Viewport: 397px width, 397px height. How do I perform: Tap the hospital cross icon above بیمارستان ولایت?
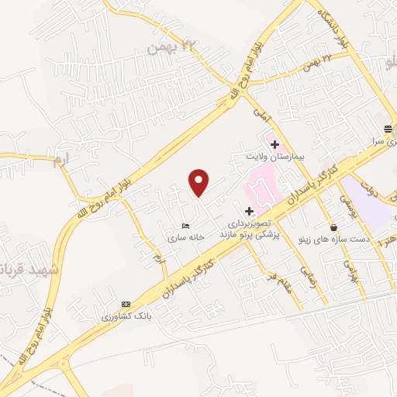pyautogui.click(x=274, y=143)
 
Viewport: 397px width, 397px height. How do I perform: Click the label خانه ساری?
pyautogui.click(x=191, y=239)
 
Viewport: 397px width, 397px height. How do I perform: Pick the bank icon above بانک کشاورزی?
pyautogui.click(x=126, y=304)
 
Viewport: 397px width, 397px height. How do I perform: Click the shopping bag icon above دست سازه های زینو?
pyautogui.click(x=333, y=227)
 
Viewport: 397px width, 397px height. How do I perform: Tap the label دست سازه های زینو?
pyautogui.click(x=333, y=240)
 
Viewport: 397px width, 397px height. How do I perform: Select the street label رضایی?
pyautogui.click(x=314, y=288)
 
